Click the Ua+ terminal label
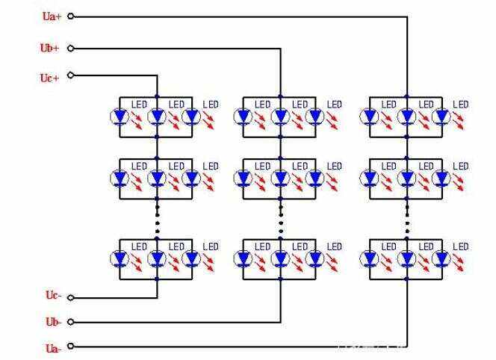click(52, 16)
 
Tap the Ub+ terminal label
click(50, 49)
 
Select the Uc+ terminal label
click(50, 78)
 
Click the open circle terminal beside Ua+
click(72, 15)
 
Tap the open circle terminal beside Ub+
click(71, 49)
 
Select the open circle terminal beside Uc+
click(71, 75)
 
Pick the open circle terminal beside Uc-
click(71, 297)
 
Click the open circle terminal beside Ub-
click(71, 322)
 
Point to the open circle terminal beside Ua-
click(71, 346)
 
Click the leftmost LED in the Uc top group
click(120, 117)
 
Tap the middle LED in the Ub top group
click(280, 117)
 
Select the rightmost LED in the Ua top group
click(442, 117)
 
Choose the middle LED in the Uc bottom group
click(157, 258)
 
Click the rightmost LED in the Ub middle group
click(315, 179)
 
